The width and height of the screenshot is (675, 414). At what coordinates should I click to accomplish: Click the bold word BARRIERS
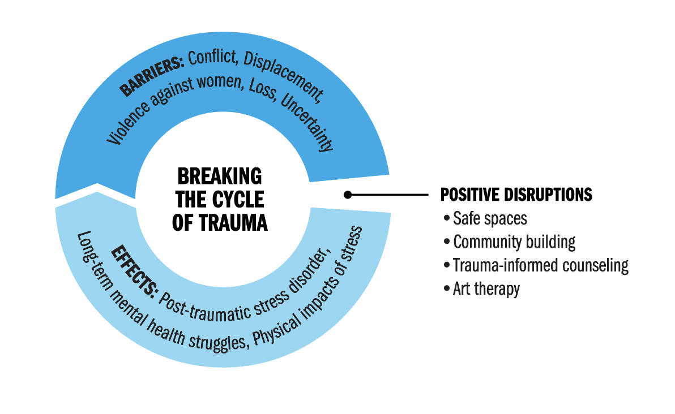(x=152, y=76)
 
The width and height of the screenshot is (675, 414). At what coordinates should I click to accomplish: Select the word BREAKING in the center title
(x=220, y=176)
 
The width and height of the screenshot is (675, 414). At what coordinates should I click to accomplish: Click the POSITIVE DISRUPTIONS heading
(x=516, y=195)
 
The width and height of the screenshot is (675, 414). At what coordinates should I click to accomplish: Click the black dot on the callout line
(x=348, y=195)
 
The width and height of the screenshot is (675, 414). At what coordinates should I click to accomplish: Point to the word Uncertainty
(x=307, y=123)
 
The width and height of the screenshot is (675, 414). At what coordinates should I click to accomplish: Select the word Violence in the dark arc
(x=128, y=122)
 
